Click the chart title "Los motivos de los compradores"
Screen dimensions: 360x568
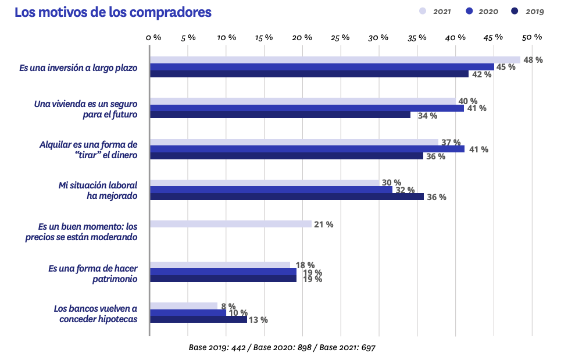coord(113,12)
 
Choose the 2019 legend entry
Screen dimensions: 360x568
coord(528,11)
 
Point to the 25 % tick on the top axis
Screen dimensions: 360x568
coord(341,37)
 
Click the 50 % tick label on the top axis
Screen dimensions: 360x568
coord(532,37)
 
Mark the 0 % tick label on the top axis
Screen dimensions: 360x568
coord(153,37)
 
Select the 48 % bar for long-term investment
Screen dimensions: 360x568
coord(335,60)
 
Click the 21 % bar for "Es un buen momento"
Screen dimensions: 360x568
coord(230,224)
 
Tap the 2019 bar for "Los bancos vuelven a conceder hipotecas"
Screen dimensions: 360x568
coord(198,319)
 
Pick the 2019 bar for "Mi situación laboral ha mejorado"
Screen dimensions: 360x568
coord(287,197)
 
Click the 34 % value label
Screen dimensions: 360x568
coord(427,116)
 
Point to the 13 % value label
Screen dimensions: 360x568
coord(258,320)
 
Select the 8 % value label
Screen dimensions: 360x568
coord(228,306)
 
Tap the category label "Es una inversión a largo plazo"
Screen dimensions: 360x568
coord(78,68)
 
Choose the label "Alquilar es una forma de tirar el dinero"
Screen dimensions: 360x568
coord(88,149)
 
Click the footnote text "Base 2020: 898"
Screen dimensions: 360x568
coord(285,347)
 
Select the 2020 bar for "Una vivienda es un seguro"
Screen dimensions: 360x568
coord(306,108)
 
